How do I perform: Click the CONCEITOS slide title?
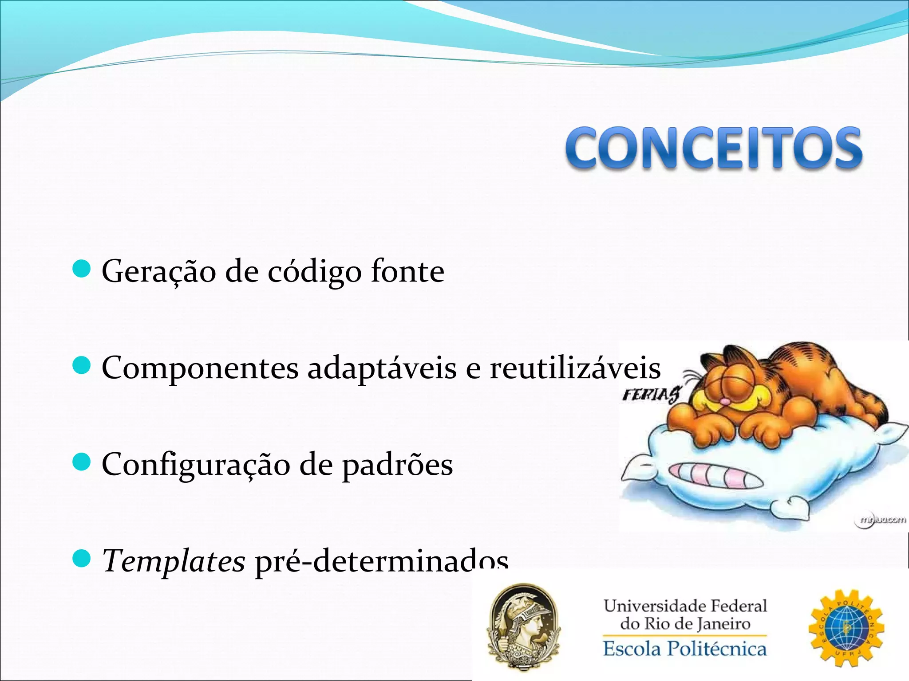(714, 148)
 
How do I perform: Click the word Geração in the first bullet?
(158, 271)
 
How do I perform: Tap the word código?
(314, 271)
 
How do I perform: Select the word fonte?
(407, 271)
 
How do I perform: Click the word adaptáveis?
(382, 368)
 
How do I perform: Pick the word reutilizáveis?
(575, 368)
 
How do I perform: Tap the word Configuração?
(195, 465)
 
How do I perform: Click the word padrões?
(397, 465)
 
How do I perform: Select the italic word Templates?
(174, 561)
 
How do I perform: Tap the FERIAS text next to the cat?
(651, 394)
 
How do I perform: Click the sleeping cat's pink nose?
(724, 402)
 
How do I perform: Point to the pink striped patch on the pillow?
(715, 475)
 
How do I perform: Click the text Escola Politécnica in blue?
(684, 649)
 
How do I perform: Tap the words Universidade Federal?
(685, 606)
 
